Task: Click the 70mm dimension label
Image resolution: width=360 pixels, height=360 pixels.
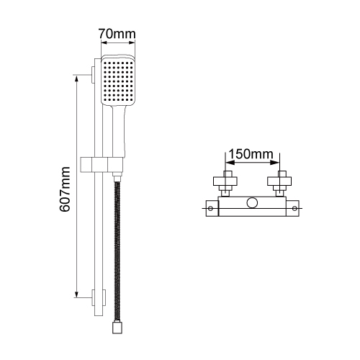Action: coord(117,34)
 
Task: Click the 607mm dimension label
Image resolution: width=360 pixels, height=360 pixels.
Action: coord(65,189)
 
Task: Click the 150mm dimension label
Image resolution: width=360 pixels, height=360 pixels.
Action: coord(251,154)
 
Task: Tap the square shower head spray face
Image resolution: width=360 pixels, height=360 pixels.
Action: coord(117,81)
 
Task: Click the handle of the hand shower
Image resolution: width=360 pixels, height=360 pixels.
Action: coord(118,132)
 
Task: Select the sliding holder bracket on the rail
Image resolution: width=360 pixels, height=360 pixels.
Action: coord(102,165)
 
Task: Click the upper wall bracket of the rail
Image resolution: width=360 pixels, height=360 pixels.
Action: coord(93,75)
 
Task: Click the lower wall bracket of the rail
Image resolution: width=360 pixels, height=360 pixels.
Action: coord(99,297)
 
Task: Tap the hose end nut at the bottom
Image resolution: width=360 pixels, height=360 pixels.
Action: coord(117,328)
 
